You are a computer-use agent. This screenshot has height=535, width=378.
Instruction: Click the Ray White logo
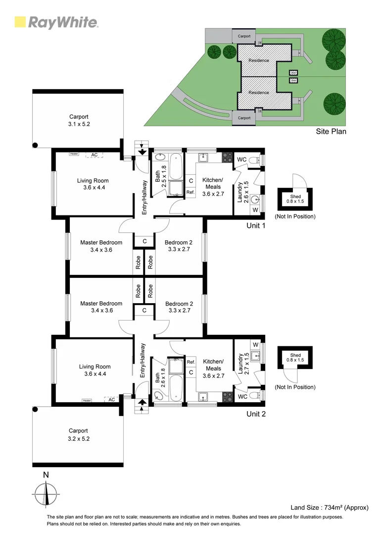[x=56, y=22]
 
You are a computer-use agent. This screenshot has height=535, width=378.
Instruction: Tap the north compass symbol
[x=46, y=495]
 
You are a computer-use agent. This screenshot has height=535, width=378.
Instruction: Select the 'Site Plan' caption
[x=331, y=131]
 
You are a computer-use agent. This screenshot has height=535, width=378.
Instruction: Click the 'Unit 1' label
[x=256, y=225]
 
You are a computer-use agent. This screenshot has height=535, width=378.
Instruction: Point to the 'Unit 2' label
[x=256, y=414]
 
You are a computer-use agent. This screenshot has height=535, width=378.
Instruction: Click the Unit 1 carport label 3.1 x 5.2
[x=79, y=124]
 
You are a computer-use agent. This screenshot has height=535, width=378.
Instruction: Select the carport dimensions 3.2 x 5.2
[x=79, y=438]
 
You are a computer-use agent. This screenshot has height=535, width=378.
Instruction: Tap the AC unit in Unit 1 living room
[x=94, y=155]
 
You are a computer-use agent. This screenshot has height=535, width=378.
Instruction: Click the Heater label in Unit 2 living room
[x=87, y=400]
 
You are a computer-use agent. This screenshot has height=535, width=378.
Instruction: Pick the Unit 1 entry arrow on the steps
[x=142, y=152]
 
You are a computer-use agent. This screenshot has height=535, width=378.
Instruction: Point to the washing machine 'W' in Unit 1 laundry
[x=255, y=210]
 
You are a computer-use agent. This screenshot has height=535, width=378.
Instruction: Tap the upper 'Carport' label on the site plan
[x=244, y=36]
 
